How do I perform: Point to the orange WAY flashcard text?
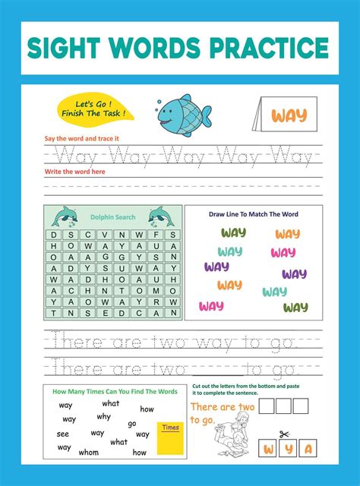pyautogui.click(x=289, y=116)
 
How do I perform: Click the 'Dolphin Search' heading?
pyautogui.click(x=113, y=217)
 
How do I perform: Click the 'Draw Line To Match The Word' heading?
pyautogui.click(x=253, y=214)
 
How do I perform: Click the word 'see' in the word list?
pyautogui.click(x=62, y=434)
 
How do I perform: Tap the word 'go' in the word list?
pyautogui.click(x=132, y=424)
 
